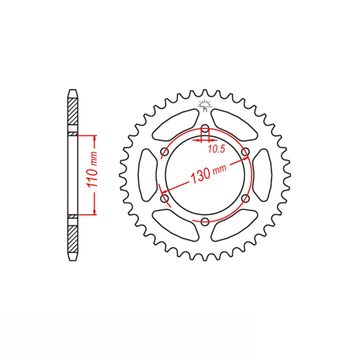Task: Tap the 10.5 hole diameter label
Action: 216,149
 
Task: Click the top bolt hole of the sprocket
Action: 205,129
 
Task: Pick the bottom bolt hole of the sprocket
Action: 205,221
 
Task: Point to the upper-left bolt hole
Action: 165,152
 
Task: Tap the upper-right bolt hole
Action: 246,152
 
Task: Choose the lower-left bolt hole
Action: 165,198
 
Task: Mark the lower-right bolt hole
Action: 246,198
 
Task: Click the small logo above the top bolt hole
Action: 204,105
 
